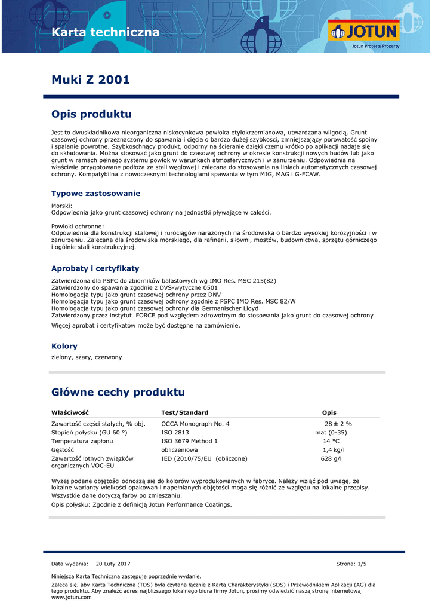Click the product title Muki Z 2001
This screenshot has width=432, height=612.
pos(90,79)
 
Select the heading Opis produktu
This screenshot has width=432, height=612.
pos(91,114)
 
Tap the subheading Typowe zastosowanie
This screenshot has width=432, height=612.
pos(95,194)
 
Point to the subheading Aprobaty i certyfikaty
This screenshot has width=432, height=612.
pos(95,268)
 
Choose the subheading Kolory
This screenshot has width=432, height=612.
pos(64,346)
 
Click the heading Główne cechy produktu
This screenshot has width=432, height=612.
pos(118,392)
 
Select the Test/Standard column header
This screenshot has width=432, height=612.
pos(184,412)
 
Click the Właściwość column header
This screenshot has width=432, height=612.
pos(70,412)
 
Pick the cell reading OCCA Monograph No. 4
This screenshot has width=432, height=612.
pos(195,424)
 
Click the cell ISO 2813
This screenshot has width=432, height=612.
pos(175,433)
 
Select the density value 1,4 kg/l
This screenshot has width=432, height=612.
pos(334,450)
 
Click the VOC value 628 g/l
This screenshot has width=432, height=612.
pos(331,458)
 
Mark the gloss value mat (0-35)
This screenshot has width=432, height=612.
pos(331,433)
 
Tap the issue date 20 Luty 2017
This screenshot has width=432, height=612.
pos(113,564)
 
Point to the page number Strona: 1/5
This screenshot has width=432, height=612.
pos(351,564)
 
